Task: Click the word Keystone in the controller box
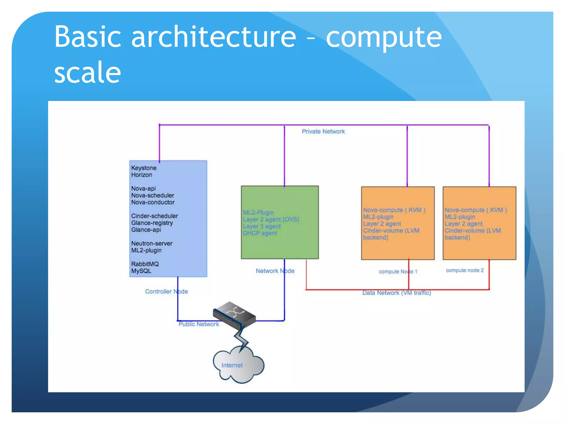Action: tap(144, 168)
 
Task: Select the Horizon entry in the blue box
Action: tap(142, 175)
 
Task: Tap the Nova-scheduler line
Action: tap(153, 195)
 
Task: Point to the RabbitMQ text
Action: tap(145, 264)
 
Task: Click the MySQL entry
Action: tap(141, 271)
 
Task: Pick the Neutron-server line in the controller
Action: tap(152, 243)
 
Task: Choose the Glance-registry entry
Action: tap(152, 223)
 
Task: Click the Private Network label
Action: tap(323, 131)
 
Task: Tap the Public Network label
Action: tap(199, 324)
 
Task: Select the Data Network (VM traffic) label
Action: tap(396, 293)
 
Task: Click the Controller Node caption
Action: tap(166, 291)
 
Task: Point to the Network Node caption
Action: tap(275, 271)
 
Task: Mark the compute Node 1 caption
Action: tap(398, 272)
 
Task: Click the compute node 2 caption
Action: tap(465, 271)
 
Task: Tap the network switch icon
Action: tap(234, 315)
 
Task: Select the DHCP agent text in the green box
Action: tap(260, 233)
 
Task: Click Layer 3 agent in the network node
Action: tap(262, 226)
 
